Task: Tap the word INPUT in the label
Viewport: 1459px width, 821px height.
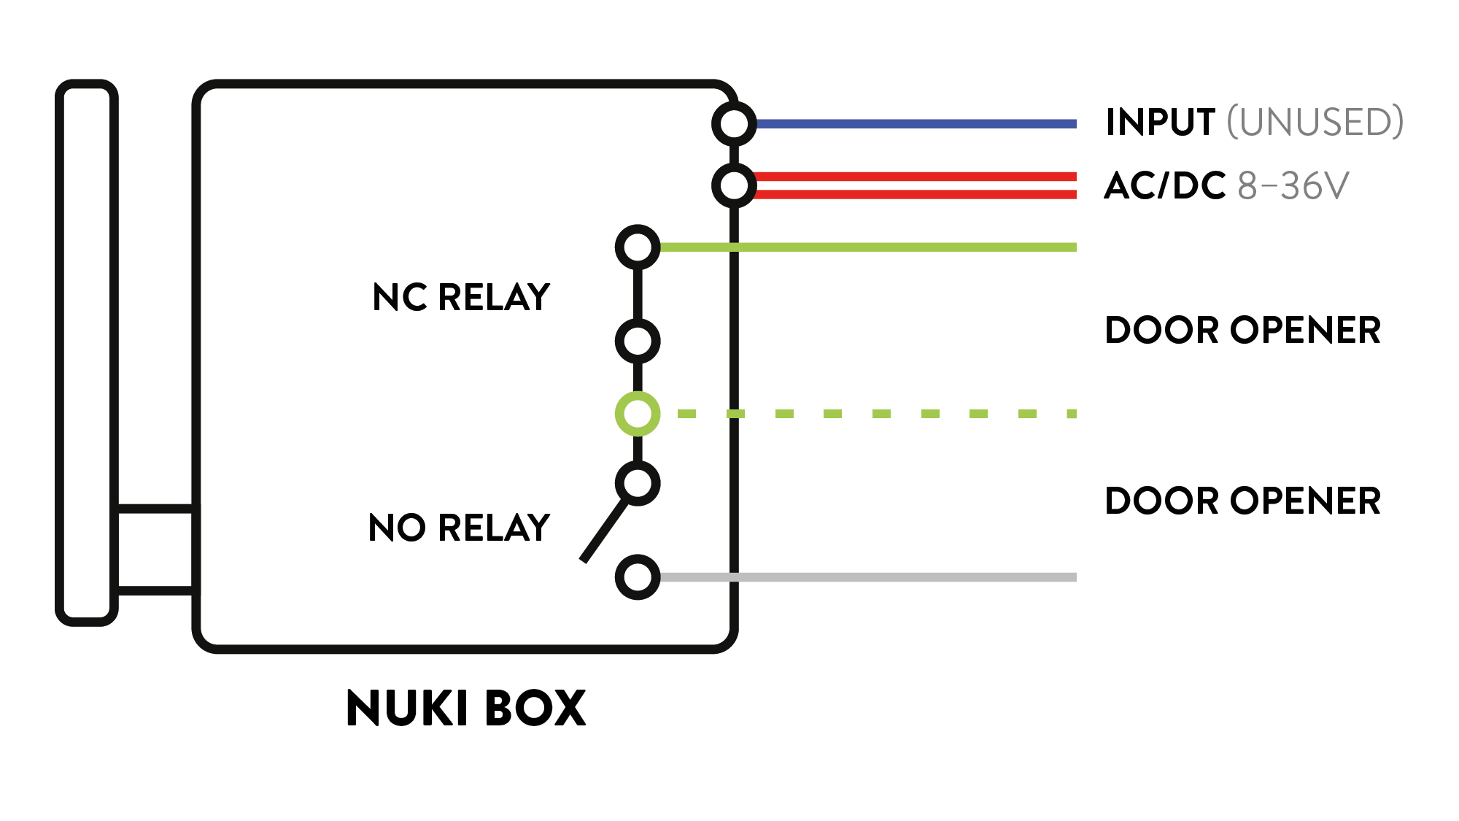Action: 1160,123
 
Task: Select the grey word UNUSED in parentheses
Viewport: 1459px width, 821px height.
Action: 1315,123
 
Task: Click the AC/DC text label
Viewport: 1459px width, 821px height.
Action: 1164,186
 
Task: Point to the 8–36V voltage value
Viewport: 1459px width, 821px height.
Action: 1293,186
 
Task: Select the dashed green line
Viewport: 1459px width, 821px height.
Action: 882,414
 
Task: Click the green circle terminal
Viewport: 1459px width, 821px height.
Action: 638,414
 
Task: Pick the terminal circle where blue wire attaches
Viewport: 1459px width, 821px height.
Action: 734,124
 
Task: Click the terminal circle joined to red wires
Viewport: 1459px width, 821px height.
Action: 734,185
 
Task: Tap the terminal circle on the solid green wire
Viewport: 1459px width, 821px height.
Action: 638,247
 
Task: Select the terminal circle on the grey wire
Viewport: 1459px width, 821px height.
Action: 638,577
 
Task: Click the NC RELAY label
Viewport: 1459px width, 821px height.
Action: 461,298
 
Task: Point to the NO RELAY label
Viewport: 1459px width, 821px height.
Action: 459,528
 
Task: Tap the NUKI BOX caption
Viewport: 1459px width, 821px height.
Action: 465,709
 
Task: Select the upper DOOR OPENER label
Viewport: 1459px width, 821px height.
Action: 1242,331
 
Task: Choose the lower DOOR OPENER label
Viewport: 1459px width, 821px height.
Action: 1242,501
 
